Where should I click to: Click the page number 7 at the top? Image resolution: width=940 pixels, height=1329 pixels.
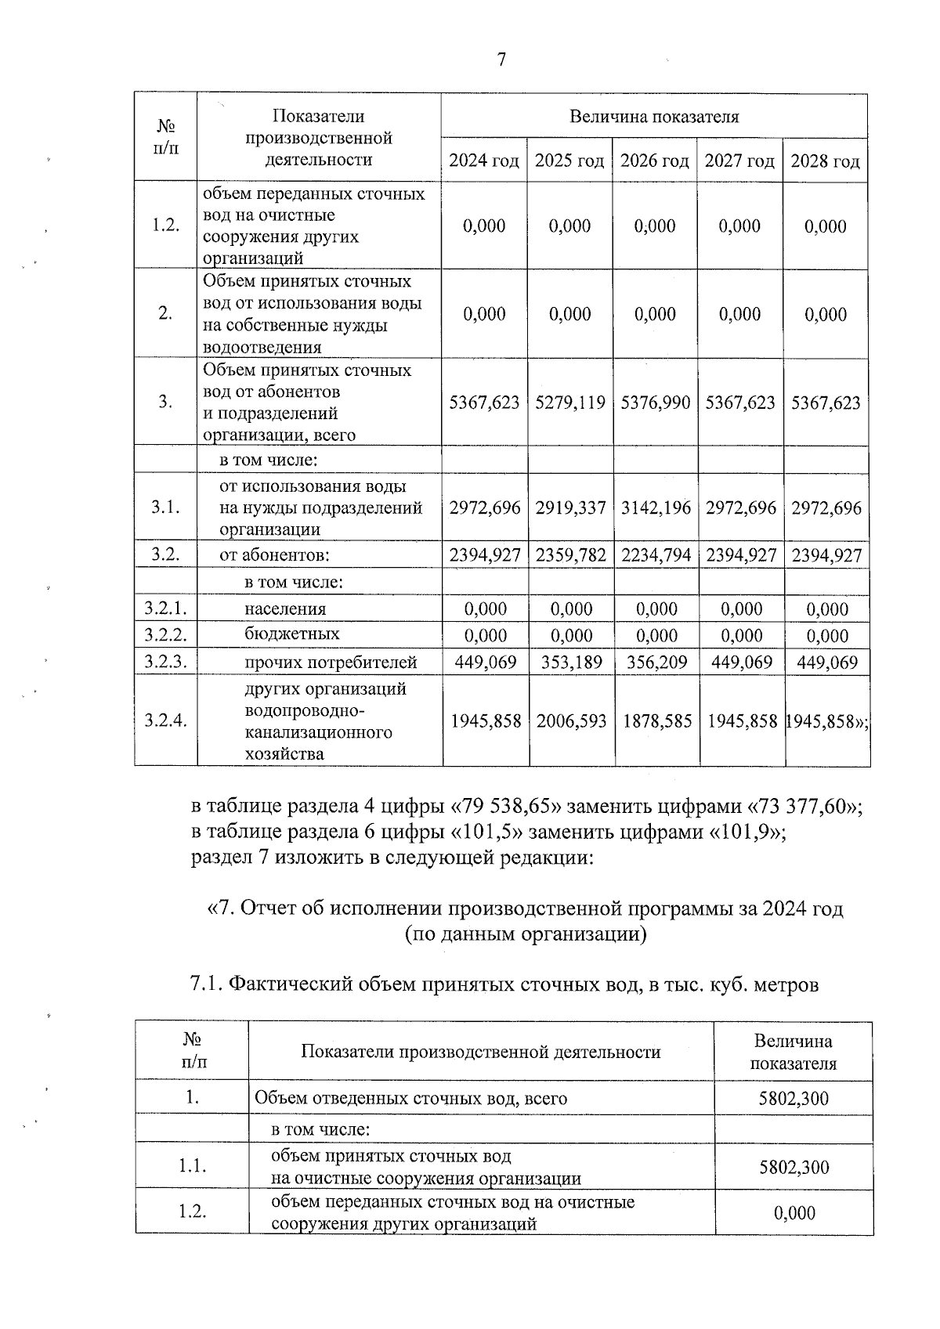pyautogui.click(x=501, y=60)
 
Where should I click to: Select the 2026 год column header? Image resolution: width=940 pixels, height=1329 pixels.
pyautogui.click(x=654, y=161)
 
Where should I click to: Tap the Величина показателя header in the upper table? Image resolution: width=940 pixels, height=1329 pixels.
pyautogui.click(x=654, y=117)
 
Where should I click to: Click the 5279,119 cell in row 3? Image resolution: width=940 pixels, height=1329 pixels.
pyautogui.click(x=570, y=403)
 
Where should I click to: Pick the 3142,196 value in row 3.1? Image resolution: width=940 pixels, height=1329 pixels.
pyautogui.click(x=656, y=507)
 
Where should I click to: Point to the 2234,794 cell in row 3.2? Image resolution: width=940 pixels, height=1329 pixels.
pyautogui.click(x=656, y=556)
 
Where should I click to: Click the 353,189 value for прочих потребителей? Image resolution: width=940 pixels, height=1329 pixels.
pyautogui.click(x=571, y=663)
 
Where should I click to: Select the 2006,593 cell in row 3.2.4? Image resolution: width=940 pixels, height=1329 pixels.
pyautogui.click(x=571, y=721)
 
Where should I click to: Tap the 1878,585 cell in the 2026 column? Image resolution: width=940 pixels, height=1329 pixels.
pyautogui.click(x=657, y=721)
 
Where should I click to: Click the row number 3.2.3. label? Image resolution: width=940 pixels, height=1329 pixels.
pyautogui.click(x=165, y=663)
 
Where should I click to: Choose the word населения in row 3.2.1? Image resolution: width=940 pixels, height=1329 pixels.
pyautogui.click(x=285, y=609)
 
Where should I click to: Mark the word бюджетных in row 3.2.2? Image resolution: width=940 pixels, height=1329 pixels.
pyautogui.click(x=291, y=634)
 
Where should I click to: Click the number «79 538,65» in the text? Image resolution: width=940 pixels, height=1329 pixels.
pyautogui.click(x=506, y=807)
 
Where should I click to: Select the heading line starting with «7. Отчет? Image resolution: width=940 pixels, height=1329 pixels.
pyautogui.click(x=525, y=909)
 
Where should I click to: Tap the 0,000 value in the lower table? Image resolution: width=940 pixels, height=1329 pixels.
pyautogui.click(x=794, y=1213)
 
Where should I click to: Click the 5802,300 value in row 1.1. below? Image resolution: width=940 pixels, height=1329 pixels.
pyautogui.click(x=794, y=1167)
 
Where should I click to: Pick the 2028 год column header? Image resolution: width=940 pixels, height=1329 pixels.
pyautogui.click(x=825, y=161)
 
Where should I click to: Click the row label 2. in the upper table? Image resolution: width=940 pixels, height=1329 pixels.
pyautogui.click(x=165, y=314)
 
